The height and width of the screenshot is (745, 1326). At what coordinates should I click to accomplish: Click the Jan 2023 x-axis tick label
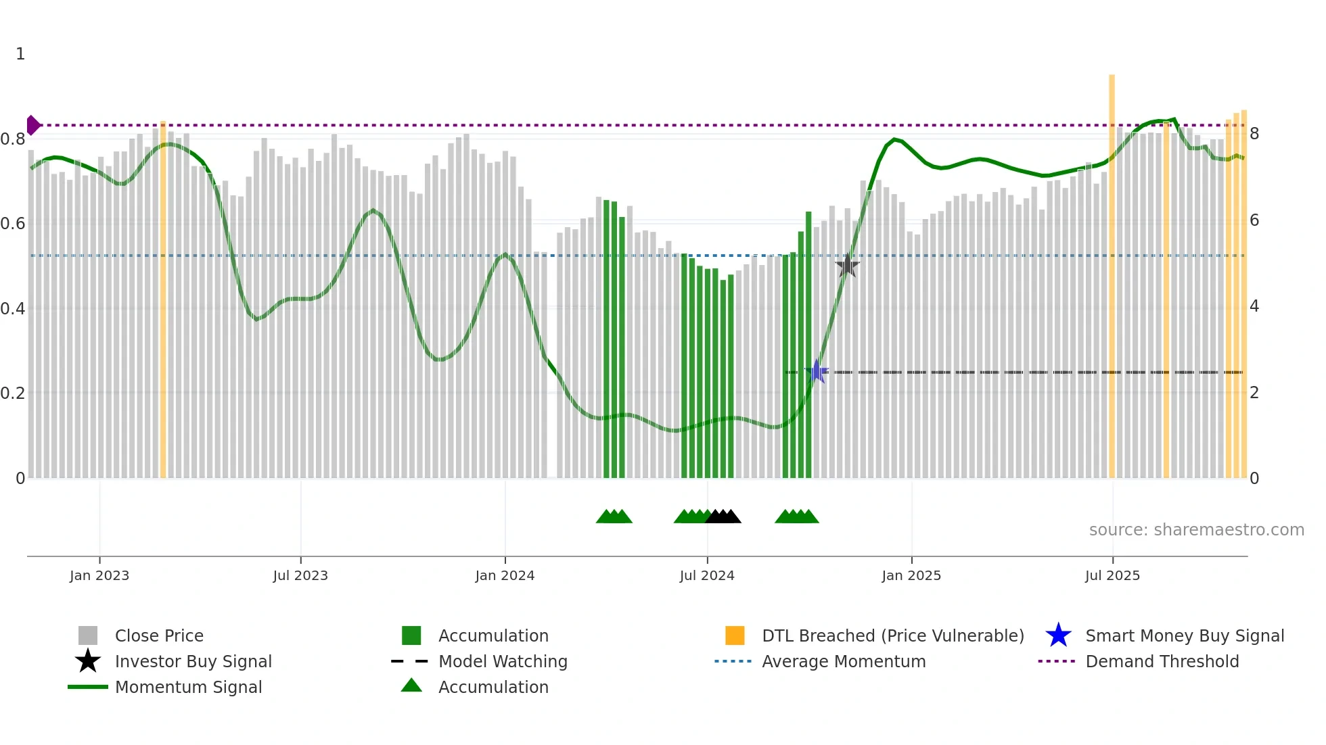(x=99, y=575)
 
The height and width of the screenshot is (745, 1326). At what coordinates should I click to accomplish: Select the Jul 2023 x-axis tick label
(x=300, y=575)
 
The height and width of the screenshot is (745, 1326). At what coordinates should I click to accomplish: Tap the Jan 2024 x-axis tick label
(x=505, y=575)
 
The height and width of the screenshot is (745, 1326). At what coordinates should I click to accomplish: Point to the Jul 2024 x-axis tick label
(x=707, y=575)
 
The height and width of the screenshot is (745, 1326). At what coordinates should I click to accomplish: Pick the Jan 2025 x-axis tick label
(x=911, y=575)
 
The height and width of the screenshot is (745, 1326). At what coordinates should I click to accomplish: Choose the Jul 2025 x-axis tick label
(x=1112, y=575)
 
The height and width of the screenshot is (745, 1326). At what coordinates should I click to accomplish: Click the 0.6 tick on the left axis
(x=13, y=224)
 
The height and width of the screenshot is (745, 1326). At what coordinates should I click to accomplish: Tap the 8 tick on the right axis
(x=1254, y=134)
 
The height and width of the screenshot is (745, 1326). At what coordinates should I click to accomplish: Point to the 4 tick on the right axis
(x=1254, y=306)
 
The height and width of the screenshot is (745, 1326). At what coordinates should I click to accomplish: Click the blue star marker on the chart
(x=817, y=371)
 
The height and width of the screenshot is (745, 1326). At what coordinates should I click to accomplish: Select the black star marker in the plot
(x=847, y=266)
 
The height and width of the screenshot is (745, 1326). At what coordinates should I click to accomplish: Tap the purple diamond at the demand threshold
(x=32, y=125)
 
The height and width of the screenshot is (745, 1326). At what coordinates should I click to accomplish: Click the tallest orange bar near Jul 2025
(x=1112, y=270)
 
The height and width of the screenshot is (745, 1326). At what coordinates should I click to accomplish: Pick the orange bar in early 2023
(x=163, y=297)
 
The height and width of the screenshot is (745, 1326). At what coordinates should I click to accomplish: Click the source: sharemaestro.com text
(x=1196, y=530)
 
